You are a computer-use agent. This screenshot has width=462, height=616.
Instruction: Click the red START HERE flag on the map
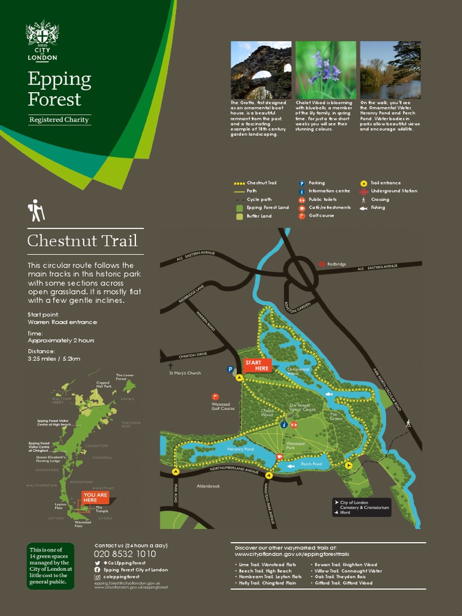[x=257, y=365]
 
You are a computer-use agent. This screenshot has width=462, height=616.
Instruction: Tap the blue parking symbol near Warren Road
[x=230, y=369]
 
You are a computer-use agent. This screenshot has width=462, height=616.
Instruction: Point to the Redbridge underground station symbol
[x=322, y=263]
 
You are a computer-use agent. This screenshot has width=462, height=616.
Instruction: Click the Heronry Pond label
[x=241, y=449]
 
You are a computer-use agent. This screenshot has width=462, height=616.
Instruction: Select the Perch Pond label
[x=312, y=464]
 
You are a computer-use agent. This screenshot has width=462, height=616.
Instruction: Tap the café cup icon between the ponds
[x=279, y=457]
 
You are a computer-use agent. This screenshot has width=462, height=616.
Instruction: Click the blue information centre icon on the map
[x=284, y=424]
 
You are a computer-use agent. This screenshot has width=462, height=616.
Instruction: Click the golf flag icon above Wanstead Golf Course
[x=215, y=397]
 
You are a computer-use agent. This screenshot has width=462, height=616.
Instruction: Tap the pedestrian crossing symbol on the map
[x=408, y=423]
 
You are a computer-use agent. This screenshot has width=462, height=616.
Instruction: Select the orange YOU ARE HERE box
[x=95, y=497]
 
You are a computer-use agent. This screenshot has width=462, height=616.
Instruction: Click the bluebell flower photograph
[x=325, y=70]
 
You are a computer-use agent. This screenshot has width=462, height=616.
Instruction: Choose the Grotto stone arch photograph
[x=261, y=70]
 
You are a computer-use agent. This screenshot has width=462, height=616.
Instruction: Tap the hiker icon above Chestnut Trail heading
[x=36, y=210]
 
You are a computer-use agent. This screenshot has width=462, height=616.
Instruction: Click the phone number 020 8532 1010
[x=125, y=553]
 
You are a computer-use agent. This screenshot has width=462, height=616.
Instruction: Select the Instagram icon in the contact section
[x=97, y=577]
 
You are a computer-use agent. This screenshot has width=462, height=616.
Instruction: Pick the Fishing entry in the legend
[x=378, y=208]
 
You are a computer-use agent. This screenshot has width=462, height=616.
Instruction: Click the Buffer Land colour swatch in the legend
[x=239, y=216]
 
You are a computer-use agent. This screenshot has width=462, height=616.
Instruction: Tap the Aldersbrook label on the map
[x=209, y=485]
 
